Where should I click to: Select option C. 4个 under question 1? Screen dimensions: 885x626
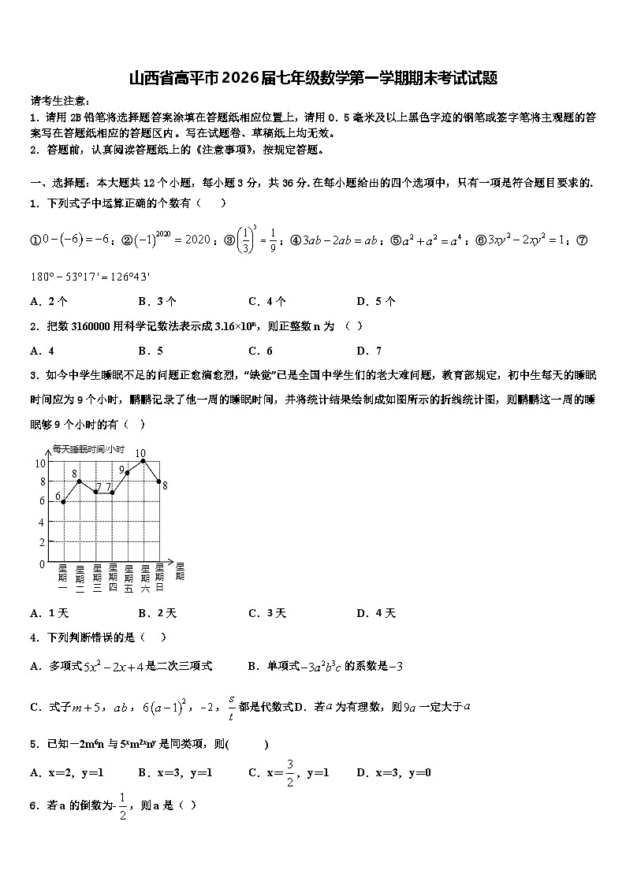point(266,301)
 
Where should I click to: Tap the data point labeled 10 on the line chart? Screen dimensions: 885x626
point(143,461)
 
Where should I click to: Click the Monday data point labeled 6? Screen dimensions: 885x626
point(63,502)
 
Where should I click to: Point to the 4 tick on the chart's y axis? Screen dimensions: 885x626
point(41,522)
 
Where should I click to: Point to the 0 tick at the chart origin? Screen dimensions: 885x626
point(41,564)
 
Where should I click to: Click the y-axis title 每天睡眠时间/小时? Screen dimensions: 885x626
point(88,449)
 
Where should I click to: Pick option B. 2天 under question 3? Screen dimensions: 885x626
point(157,613)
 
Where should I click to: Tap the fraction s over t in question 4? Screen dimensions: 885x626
point(231,707)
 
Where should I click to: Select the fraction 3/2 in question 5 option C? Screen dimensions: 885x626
point(290,772)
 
